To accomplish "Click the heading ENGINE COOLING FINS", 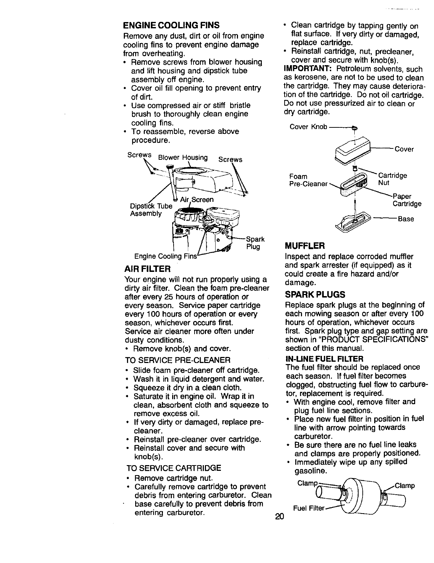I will pos(171,26).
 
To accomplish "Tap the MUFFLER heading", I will pos(305,246).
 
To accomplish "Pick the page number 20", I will pos(279,517).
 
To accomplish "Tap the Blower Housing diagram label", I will pos(183,158).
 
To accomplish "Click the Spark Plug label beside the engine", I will pos(253,243).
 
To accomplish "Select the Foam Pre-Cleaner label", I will pos(308,180).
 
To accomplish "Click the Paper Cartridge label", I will pos(406,200).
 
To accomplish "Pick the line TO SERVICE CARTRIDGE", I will pos(174,468).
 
